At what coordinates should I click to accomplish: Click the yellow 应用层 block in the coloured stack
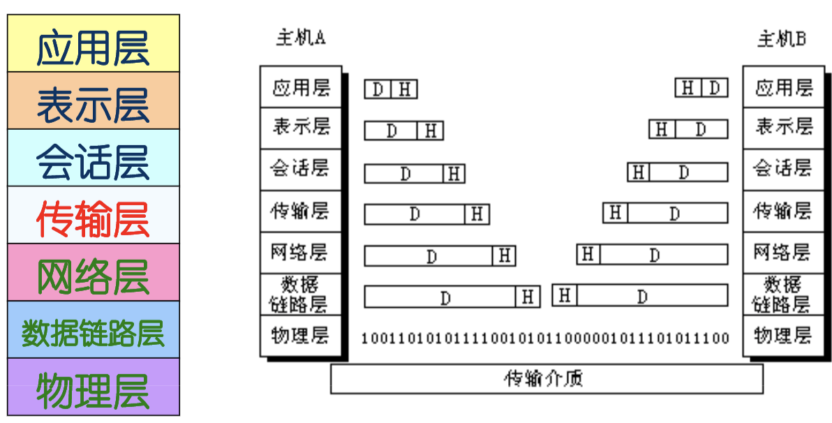click(93, 44)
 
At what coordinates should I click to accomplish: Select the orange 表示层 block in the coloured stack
click(93, 101)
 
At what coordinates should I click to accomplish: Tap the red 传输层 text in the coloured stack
click(93, 216)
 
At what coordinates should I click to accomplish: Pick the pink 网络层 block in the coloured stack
click(93, 273)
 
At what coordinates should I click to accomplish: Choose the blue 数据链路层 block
click(93, 330)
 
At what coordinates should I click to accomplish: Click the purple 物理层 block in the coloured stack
click(93, 387)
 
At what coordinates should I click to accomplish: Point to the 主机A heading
click(301, 37)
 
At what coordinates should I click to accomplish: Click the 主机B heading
click(782, 38)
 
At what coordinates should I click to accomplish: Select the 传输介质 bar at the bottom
click(546, 379)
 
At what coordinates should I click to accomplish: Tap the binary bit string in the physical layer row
click(545, 339)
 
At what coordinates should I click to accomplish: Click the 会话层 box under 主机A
click(300, 169)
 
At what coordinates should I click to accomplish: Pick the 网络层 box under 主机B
click(782, 252)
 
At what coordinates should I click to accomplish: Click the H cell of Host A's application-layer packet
click(406, 89)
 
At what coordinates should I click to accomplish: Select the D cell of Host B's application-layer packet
click(714, 88)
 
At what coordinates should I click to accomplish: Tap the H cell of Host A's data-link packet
click(528, 297)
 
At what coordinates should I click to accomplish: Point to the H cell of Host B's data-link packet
click(565, 296)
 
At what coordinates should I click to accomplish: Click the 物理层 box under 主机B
click(782, 336)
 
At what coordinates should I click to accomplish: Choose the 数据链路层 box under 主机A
click(300, 295)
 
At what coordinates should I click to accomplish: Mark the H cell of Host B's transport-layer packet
click(615, 212)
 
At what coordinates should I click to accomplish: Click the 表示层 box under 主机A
click(300, 128)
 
